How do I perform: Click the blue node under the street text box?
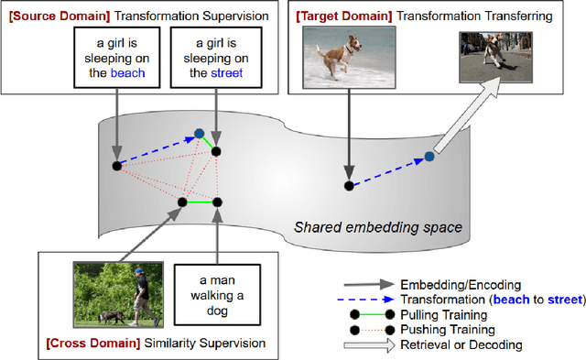click(199, 135)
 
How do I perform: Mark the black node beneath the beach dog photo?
click(348, 186)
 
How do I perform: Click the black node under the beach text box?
click(116, 165)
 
